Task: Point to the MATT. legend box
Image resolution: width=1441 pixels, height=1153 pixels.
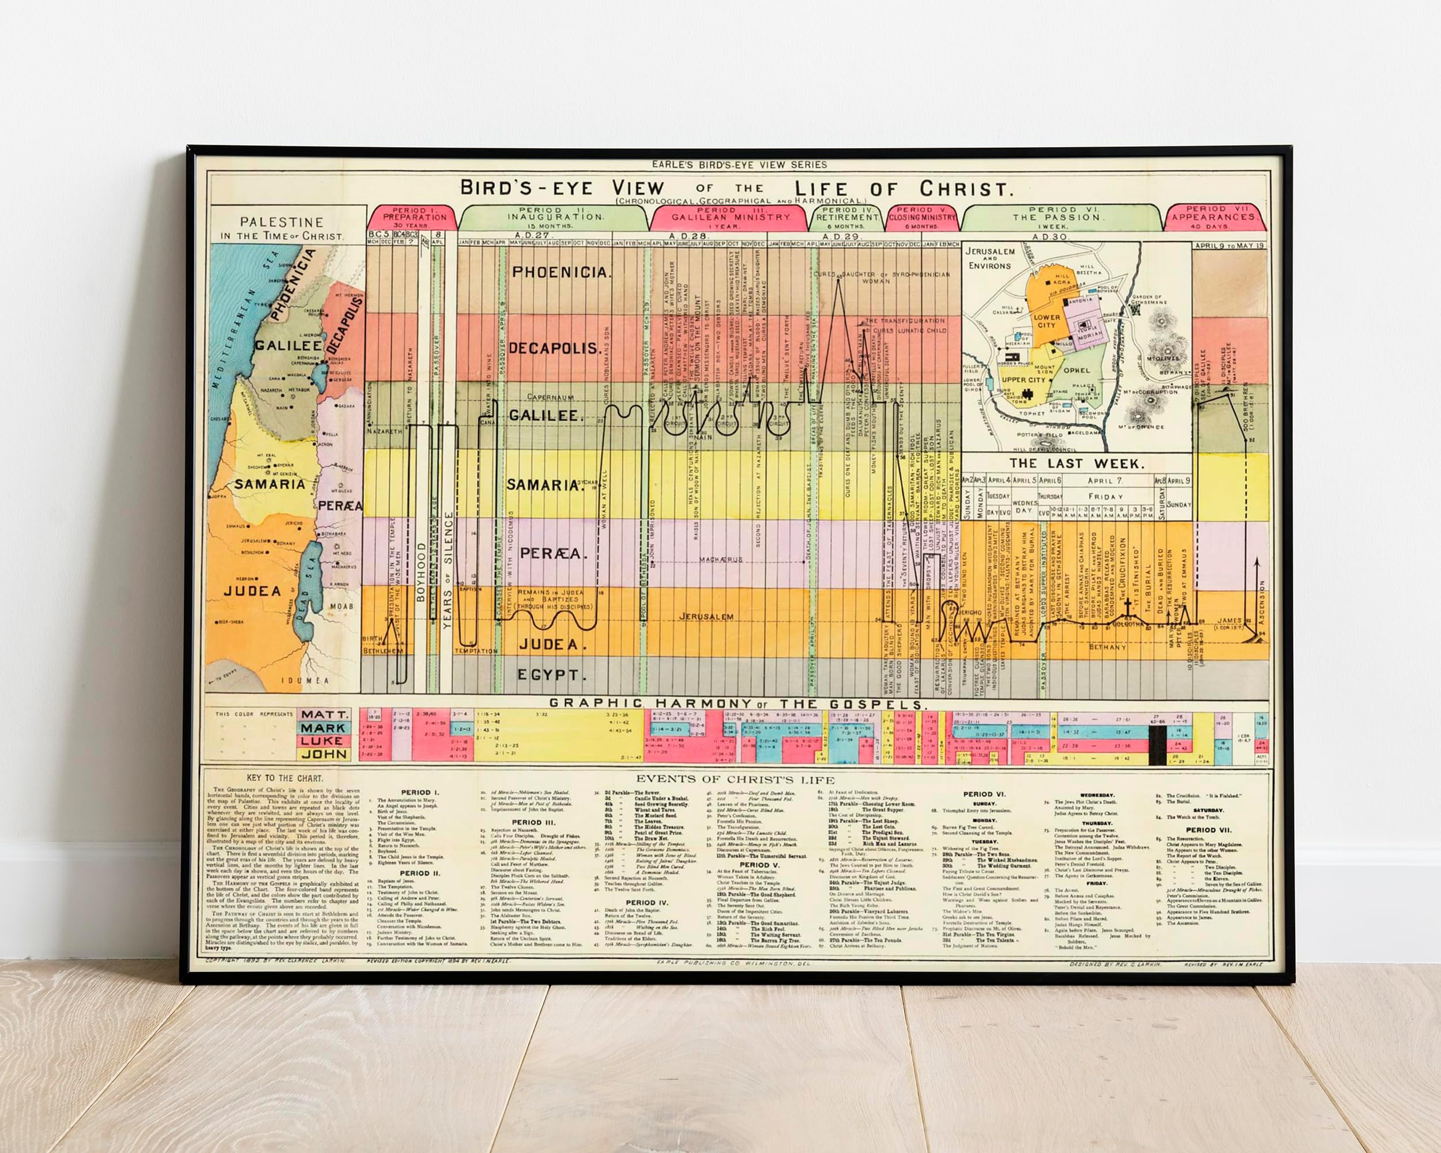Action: [324, 714]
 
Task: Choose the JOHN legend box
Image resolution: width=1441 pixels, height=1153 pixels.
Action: [324, 754]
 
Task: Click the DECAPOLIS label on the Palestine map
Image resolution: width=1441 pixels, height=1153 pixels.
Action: [345, 326]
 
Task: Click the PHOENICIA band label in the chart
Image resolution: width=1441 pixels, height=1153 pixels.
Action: [560, 273]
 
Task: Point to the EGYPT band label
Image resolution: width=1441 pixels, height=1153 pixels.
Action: [551, 675]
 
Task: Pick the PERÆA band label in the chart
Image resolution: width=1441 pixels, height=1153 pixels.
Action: [554, 553]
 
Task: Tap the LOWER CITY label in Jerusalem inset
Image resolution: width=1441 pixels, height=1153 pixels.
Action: [1046, 322]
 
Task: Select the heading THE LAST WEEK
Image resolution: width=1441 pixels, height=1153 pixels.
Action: [1077, 463]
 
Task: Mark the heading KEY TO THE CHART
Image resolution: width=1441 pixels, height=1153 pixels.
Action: [285, 779]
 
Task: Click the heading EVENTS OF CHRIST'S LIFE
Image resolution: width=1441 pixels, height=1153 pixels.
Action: [735, 779]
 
